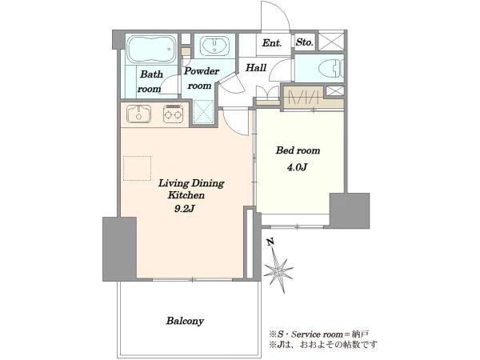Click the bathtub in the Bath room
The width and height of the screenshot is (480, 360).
point(151,49)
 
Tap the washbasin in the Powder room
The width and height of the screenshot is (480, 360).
point(214,46)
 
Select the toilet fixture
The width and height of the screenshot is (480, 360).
point(331,69)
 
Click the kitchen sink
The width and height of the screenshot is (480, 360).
point(138,114)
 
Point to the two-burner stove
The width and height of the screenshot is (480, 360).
point(173,114)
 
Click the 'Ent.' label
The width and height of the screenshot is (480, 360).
point(272,43)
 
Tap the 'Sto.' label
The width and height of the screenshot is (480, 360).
point(305,42)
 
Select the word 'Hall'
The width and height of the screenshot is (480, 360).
point(256,67)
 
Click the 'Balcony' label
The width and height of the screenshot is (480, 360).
point(185,321)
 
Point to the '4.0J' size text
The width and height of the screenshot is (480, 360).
point(297,167)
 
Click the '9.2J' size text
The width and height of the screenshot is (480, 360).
point(185,209)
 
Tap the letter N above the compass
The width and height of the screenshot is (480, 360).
point(270,242)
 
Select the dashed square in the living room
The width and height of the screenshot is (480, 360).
point(137,168)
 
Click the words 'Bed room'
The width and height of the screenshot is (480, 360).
point(298,150)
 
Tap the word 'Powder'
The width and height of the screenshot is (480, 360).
point(202,71)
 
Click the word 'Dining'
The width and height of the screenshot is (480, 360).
point(208,183)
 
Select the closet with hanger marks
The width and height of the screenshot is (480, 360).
point(303,98)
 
